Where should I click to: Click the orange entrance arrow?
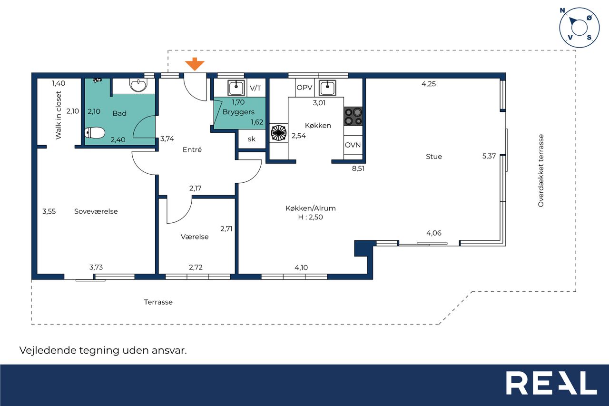tap(195, 64)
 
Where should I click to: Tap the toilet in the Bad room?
tap(95, 133)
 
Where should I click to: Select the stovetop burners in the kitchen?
tap(353, 116)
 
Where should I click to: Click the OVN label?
tap(353, 145)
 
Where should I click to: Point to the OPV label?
tap(304, 88)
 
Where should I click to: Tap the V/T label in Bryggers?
tap(255, 88)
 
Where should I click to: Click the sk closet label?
tap(252, 139)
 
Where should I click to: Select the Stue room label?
tap(433, 157)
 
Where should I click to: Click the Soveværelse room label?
tap(96, 211)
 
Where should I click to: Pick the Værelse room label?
tap(195, 237)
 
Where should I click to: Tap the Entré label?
tap(192, 149)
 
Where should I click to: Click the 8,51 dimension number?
tap(358, 168)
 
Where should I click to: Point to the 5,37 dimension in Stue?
tap(489, 156)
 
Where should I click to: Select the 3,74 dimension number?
tap(167, 139)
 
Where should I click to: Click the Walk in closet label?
tap(59, 115)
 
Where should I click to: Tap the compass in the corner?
tap(580, 28)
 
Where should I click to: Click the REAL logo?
tap(551, 383)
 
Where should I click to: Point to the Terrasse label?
tap(158, 302)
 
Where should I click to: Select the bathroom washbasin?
tap(138, 85)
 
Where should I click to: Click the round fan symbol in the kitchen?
tap(279, 133)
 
